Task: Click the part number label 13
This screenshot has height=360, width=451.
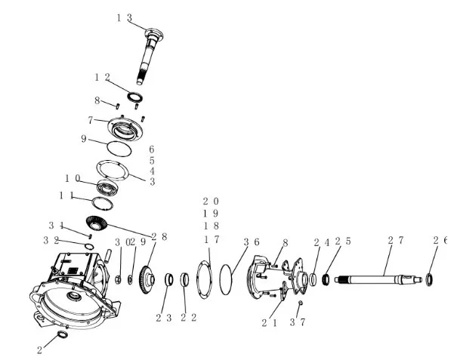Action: pos(124,18)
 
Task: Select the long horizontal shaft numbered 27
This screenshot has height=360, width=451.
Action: pos(378,279)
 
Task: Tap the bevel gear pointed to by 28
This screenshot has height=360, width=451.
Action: pos(97,223)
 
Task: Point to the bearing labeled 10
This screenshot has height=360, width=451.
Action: pos(107,187)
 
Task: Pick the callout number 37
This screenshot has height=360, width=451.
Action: pos(297,322)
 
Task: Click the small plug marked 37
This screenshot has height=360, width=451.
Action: pos(300,303)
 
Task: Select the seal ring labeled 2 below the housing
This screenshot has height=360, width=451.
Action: pos(63,334)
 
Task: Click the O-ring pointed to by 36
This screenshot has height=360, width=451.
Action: pos(225,279)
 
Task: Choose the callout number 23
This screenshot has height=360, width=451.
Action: pos(164,318)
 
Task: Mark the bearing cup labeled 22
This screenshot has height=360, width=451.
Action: pos(184,279)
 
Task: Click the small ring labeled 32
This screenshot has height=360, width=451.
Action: pos(89,247)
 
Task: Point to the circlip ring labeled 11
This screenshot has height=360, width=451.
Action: pos(102,204)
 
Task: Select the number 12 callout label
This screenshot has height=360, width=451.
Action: pos(103,77)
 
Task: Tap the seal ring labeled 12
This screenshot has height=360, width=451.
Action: pos(135,97)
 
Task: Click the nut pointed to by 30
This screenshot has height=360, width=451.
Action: pos(118,279)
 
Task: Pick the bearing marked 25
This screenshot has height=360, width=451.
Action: pos(326,279)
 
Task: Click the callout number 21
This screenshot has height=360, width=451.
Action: pos(270,323)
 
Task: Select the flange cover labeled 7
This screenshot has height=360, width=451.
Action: pos(125,128)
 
